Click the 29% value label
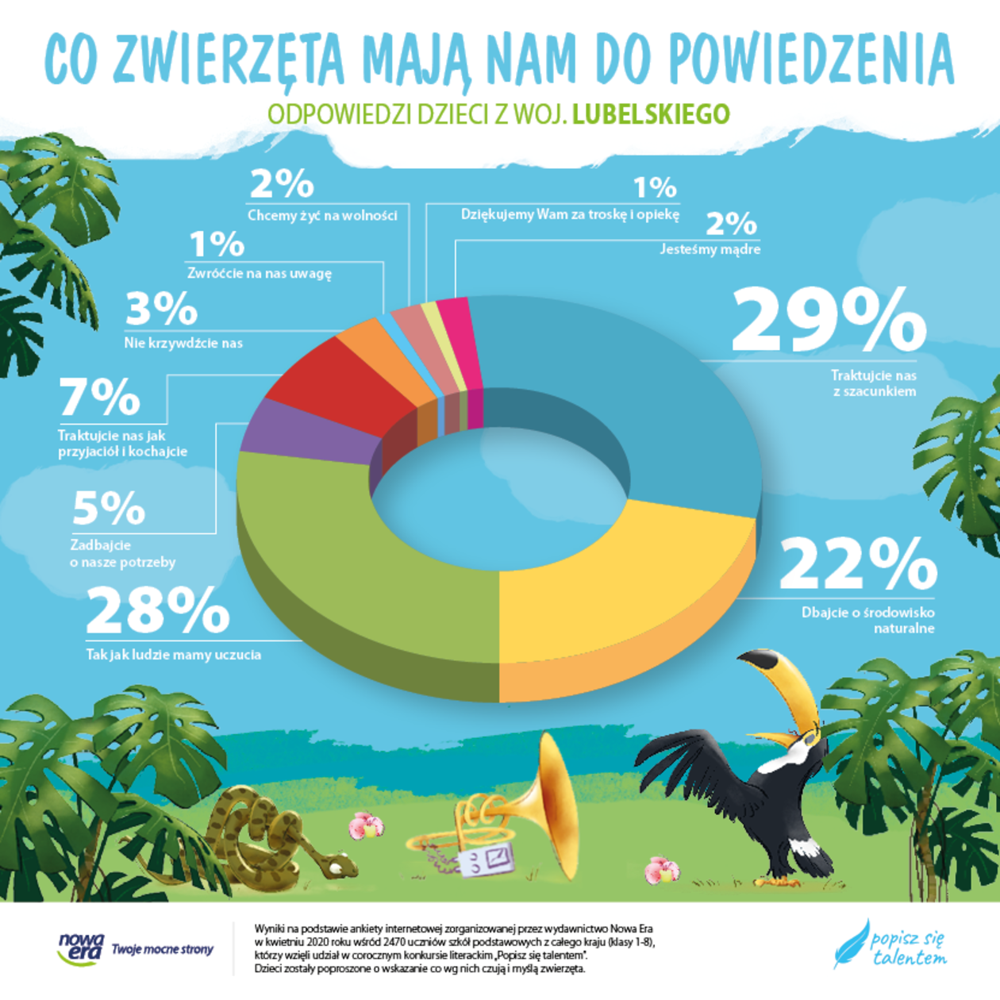click(829, 321)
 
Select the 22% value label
click(858, 564)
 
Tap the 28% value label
click(157, 611)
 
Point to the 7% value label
click(100, 397)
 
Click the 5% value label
click(109, 509)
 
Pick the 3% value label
click(161, 309)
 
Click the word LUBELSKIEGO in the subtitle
click(651, 114)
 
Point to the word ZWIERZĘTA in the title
click(230, 60)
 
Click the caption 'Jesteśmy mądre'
click(710, 249)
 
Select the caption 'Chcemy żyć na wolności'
click(322, 215)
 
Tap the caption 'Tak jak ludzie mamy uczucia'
click(174, 655)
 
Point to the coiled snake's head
click(339, 863)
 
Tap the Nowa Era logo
click(81, 948)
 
